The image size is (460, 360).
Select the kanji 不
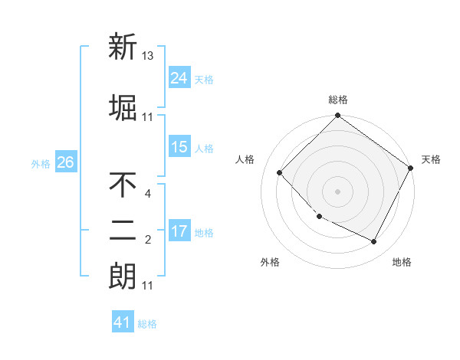click(123, 185)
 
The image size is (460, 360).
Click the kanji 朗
click(123, 275)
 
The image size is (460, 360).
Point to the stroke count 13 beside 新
click(148, 56)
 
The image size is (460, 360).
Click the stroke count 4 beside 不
click(147, 194)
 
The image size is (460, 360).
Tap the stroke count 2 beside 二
click(147, 240)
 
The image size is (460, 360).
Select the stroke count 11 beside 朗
click(148, 286)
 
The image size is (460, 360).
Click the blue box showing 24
click(179, 77)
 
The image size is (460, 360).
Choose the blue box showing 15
click(179, 147)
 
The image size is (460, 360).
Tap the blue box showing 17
click(179, 231)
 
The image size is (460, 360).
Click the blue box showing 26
click(66, 162)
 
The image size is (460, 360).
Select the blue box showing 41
click(123, 322)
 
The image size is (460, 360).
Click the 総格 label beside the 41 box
click(148, 324)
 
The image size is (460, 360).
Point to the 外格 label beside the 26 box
click(40, 163)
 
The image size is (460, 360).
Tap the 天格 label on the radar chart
click(431, 159)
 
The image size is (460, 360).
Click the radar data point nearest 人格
click(280, 172)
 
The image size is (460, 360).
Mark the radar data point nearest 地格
click(373, 242)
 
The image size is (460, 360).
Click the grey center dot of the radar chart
click(337, 191)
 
